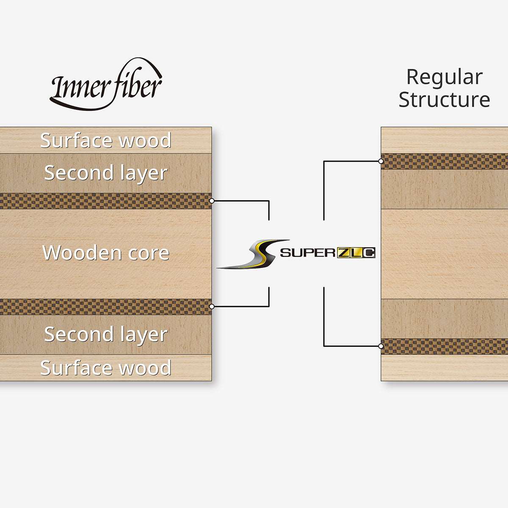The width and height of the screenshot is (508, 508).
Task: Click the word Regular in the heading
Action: coord(444,77)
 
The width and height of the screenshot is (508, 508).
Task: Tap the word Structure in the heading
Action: coord(444,100)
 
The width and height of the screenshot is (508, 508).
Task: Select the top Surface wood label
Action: coord(106,141)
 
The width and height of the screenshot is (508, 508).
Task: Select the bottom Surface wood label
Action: coord(106,367)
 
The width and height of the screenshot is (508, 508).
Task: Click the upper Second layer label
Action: coord(106,173)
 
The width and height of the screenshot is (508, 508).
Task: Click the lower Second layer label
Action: coord(106,334)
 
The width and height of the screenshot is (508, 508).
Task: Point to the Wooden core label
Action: coord(106,253)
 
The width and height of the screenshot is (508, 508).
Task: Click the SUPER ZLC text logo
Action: coord(328,253)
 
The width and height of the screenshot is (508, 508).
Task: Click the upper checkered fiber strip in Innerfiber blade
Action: coord(106,201)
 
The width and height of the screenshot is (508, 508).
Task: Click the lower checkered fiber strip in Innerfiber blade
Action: coord(106,306)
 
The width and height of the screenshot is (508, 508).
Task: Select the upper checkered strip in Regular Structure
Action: coord(444,161)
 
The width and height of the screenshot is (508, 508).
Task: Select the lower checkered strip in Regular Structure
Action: coord(444,346)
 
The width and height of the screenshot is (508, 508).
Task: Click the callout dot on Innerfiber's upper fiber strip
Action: coord(212,201)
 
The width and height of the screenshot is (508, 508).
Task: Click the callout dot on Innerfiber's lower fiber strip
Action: coord(212,306)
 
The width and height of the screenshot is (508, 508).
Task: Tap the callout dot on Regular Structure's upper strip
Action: coord(381,161)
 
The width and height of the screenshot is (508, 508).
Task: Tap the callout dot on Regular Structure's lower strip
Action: coord(381,346)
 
